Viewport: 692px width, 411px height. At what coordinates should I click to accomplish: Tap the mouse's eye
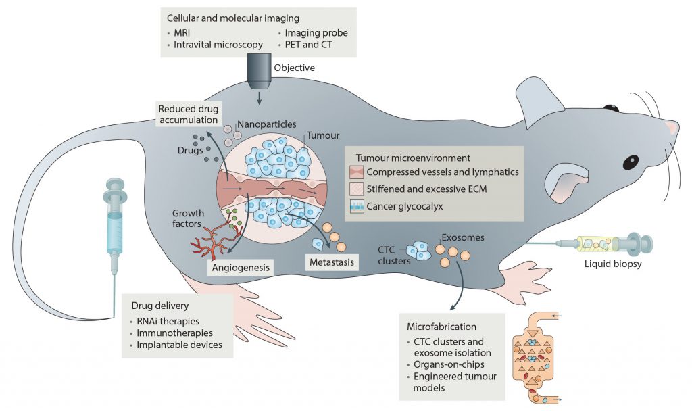click(631, 162)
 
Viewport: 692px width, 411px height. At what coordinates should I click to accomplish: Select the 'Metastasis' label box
click(331, 262)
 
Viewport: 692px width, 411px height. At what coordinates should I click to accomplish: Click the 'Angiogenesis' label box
click(241, 268)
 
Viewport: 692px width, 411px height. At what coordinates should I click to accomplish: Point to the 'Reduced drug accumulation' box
click(189, 114)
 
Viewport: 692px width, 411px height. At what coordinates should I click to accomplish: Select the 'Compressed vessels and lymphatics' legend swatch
click(357, 172)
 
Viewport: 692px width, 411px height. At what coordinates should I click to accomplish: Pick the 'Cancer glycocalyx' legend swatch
click(357, 206)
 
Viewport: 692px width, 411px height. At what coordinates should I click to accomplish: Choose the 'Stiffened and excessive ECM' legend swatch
click(357, 189)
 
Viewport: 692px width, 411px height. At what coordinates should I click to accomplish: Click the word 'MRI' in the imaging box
click(182, 32)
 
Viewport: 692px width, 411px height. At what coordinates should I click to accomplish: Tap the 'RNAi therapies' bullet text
click(168, 321)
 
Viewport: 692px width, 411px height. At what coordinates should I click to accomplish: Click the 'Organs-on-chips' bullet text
click(449, 364)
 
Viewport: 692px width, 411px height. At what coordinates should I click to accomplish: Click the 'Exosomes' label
click(463, 237)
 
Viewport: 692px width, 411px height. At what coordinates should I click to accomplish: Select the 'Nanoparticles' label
click(266, 124)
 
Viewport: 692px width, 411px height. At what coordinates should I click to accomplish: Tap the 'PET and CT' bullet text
click(308, 45)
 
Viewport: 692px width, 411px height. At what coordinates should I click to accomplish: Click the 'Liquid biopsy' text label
click(613, 264)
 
